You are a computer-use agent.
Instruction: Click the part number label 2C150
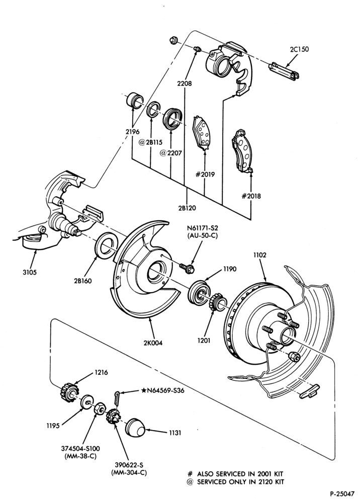[299, 50]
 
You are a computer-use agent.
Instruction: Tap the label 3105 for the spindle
[30, 272]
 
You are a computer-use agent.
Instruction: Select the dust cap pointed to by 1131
[135, 427]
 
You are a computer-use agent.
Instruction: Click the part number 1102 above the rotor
[259, 255]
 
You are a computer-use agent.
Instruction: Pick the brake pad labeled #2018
[243, 151]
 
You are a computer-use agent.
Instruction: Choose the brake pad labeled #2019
[201, 133]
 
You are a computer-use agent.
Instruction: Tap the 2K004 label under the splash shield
[153, 343]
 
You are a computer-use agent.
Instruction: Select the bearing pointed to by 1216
[69, 391]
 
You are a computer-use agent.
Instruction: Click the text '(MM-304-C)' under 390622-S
[129, 473]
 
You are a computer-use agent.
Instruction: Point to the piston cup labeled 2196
[135, 100]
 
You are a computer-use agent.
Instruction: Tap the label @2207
[170, 153]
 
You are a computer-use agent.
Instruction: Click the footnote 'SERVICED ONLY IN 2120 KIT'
[240, 481]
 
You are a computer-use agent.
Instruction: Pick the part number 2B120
[187, 208]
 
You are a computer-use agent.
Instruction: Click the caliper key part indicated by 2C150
[284, 70]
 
